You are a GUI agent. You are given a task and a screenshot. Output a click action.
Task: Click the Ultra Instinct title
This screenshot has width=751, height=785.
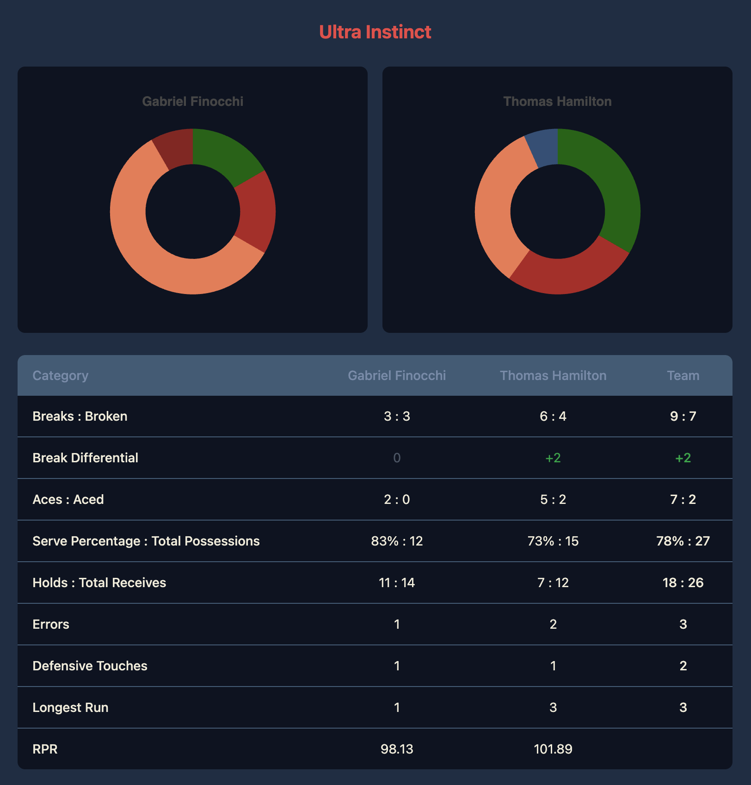click(375, 32)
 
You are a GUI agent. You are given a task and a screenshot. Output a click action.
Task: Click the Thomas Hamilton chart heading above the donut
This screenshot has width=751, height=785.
click(557, 101)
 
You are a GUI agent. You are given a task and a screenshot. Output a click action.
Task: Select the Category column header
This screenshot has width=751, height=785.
click(60, 375)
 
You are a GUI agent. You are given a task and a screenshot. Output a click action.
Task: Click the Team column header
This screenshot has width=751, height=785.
click(683, 375)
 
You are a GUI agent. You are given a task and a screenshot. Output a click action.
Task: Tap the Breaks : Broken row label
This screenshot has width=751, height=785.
click(80, 416)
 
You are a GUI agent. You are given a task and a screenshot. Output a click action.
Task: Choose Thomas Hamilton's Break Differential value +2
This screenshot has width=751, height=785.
click(553, 458)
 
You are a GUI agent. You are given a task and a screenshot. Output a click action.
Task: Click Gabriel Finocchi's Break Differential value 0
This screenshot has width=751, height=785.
click(397, 458)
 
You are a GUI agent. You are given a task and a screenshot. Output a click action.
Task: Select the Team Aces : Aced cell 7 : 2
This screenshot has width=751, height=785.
click(683, 499)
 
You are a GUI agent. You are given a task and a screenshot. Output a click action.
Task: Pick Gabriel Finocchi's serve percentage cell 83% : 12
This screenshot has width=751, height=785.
click(397, 541)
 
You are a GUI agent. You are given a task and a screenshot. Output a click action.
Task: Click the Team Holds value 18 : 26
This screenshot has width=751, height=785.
click(683, 583)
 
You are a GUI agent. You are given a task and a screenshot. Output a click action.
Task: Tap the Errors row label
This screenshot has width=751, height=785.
click(51, 624)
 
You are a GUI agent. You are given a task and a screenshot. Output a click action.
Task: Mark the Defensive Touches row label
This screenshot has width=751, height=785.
click(90, 666)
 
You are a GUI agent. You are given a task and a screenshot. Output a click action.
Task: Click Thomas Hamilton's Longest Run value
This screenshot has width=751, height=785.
click(553, 707)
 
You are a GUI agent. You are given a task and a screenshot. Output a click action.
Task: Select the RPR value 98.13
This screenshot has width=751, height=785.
click(397, 749)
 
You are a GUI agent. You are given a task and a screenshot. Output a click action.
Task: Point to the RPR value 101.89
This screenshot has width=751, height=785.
click(553, 749)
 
